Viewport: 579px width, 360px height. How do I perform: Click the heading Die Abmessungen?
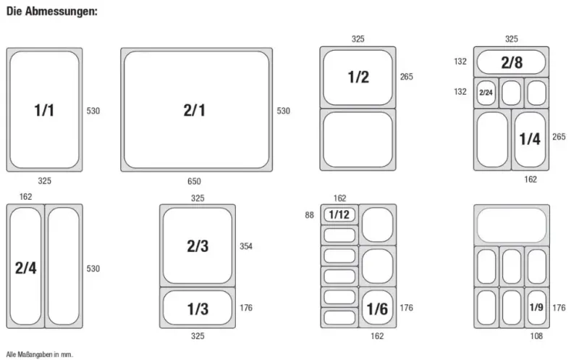click(x=52, y=12)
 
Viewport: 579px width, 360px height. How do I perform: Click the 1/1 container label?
click(x=44, y=110)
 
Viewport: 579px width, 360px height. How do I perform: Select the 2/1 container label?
click(x=194, y=110)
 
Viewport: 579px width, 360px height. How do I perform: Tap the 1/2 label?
click(x=358, y=77)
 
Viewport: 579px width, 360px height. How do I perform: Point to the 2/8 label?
click(x=512, y=62)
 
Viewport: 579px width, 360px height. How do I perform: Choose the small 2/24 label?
click(x=486, y=93)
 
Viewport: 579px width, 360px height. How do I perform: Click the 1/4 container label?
click(x=530, y=139)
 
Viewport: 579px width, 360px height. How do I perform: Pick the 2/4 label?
click(x=26, y=268)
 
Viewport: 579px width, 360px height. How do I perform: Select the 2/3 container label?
click(x=198, y=246)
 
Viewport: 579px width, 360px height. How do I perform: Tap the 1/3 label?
click(x=198, y=309)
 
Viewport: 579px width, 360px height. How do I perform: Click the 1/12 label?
click(x=339, y=214)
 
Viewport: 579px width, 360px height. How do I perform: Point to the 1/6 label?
click(x=377, y=309)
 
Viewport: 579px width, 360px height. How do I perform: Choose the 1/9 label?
click(x=536, y=307)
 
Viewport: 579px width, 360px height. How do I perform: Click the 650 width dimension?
click(x=194, y=181)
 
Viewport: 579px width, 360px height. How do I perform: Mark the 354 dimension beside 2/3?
click(x=246, y=246)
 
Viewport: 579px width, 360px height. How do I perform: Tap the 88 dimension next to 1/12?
click(x=310, y=215)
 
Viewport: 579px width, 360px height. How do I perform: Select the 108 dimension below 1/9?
click(x=536, y=336)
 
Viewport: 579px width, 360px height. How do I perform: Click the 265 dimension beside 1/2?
click(x=407, y=77)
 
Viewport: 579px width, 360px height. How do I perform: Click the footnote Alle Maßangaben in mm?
click(x=40, y=354)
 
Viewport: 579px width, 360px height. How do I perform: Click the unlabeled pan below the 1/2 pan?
click(x=358, y=140)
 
